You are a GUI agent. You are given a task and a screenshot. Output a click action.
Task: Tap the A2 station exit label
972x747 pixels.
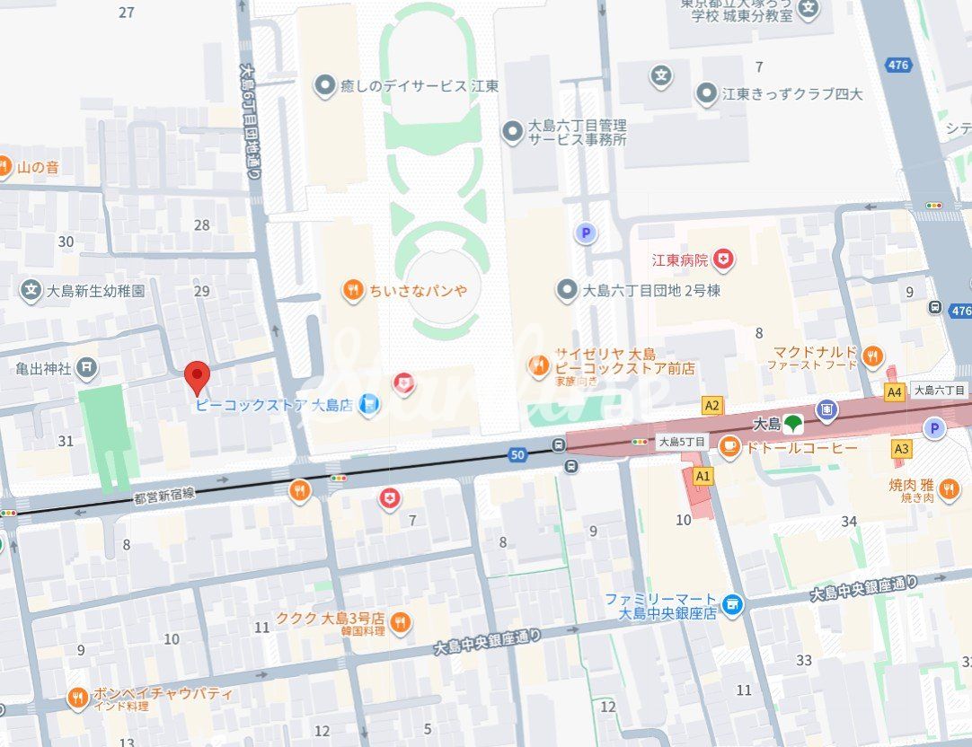[x=711, y=406]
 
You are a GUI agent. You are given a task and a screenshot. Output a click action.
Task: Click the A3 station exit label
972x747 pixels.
[x=901, y=448]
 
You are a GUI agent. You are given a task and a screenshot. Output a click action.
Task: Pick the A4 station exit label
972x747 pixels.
[x=894, y=392]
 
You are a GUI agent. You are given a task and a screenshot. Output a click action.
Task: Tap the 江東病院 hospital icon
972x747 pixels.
[x=723, y=260]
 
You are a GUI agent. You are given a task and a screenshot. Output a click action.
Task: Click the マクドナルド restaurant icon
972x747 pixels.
[x=872, y=357]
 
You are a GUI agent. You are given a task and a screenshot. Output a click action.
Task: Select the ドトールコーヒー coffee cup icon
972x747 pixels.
[x=729, y=446]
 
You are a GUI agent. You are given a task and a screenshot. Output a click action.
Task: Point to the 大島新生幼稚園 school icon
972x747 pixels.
[x=31, y=290]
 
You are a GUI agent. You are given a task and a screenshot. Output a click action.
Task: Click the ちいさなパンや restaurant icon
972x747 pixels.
[x=353, y=289]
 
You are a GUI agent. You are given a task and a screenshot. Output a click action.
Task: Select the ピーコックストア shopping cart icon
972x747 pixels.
[x=368, y=406]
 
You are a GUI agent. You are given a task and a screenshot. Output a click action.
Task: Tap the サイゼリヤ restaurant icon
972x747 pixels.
[x=539, y=365]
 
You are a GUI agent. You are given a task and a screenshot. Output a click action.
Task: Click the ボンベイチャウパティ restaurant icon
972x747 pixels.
[x=78, y=698]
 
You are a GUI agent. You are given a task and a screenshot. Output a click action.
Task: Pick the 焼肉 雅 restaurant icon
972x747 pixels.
[x=950, y=489]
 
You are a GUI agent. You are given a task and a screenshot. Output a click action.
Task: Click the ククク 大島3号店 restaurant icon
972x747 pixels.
[x=401, y=622]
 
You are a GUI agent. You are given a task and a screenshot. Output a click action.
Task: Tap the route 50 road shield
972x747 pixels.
[x=517, y=455]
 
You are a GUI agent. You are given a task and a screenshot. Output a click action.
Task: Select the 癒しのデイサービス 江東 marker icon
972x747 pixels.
[x=324, y=85]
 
